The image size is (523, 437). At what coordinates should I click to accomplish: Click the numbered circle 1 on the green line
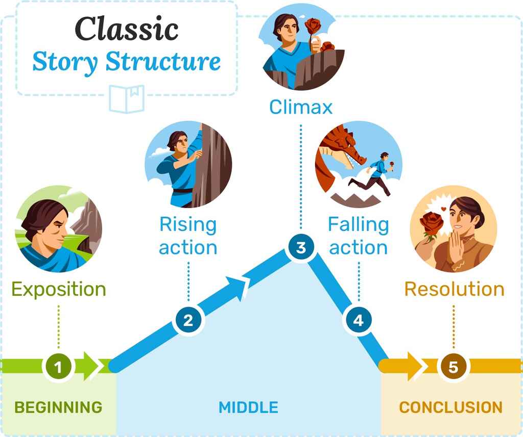coord(59,367)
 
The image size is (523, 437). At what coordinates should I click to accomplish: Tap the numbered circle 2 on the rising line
coord(188,321)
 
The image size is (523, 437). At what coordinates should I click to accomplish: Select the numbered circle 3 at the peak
coord(301,248)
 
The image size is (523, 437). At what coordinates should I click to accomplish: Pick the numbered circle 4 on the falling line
coord(359,320)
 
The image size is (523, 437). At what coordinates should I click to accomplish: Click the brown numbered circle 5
coord(453,367)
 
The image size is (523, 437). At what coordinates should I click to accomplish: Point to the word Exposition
coord(59,290)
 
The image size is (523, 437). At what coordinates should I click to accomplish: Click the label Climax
coord(301,107)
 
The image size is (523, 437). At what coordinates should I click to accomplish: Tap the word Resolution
coord(454,289)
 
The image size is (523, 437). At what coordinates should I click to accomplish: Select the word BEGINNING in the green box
coord(58,407)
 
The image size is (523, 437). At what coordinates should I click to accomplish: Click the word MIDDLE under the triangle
coord(248,407)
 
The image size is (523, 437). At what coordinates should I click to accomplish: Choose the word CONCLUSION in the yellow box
coord(450,407)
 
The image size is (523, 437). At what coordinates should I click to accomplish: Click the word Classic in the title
coord(127,30)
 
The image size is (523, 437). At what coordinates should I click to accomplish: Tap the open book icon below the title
coord(127,98)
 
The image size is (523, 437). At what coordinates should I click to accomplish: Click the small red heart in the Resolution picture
coord(444,209)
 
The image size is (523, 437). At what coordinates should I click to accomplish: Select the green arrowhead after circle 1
coord(92,366)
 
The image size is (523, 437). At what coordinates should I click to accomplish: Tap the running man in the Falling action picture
coord(375,173)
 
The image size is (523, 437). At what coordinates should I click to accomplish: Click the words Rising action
coord(188,236)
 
